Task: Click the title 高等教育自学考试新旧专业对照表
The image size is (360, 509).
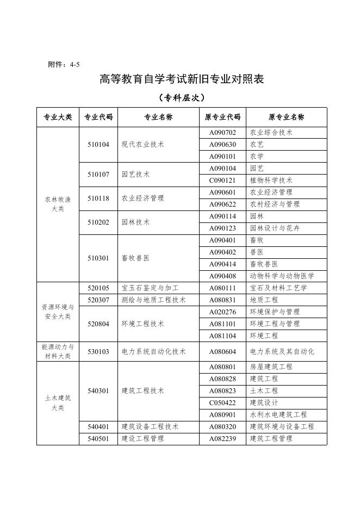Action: tap(182, 79)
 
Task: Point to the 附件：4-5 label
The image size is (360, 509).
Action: tap(64, 64)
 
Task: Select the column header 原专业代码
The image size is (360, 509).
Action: tap(222, 117)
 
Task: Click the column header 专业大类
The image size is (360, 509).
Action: tap(58, 117)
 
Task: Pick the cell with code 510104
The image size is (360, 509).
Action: tap(98, 145)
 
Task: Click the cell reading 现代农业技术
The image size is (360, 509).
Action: tap(142, 145)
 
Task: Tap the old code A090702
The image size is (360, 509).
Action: tap(222, 133)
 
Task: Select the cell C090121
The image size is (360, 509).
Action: tap(222, 181)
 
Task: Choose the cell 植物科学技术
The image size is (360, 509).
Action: tap(271, 181)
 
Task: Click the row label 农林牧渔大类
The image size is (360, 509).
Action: tap(58, 204)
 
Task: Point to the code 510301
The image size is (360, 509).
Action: tap(98, 258)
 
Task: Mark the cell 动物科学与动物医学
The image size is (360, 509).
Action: tap(282, 276)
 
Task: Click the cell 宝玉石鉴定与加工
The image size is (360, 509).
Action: tap(150, 288)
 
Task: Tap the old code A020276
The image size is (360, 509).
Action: tap(222, 312)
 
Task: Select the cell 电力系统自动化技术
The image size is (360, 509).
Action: tap(153, 352)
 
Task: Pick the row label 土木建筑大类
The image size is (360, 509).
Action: tap(58, 402)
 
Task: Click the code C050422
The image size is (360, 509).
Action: tap(222, 403)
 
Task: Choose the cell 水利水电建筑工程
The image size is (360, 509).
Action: tap(278, 415)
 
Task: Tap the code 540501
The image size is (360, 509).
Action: tap(98, 439)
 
